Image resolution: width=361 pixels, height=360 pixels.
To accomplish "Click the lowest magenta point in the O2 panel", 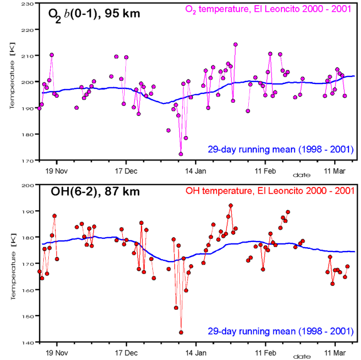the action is (180, 154).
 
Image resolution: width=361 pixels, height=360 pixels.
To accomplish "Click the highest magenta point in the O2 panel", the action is (235, 45).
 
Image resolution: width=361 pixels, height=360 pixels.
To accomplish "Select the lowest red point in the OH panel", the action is (181, 332).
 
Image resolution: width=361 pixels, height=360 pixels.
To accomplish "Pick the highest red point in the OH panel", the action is (231, 206).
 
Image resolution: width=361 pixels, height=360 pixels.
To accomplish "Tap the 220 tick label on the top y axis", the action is (28, 30).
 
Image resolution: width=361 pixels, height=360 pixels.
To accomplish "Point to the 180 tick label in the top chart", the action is (28, 134).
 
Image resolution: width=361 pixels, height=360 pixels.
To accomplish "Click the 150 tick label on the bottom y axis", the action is (28, 316).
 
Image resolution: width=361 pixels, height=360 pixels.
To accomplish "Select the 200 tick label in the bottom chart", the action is (28, 186).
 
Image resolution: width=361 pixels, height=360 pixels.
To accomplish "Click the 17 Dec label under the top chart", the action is (126, 171).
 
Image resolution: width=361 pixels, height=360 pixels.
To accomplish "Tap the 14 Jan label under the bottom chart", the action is (196, 353).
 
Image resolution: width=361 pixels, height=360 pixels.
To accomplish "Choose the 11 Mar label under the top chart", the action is (335, 171).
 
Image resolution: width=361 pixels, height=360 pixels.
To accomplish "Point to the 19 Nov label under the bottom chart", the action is (56, 353).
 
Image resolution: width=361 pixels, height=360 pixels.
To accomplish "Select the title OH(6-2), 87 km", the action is (95, 192).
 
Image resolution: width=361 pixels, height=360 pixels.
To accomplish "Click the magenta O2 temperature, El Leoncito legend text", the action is (268, 9).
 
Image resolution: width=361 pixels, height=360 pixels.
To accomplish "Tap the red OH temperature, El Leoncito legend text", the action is (270, 191).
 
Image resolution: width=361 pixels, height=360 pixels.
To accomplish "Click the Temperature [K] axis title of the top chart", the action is (12, 75).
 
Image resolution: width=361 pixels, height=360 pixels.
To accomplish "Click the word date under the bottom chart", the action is (301, 357).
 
